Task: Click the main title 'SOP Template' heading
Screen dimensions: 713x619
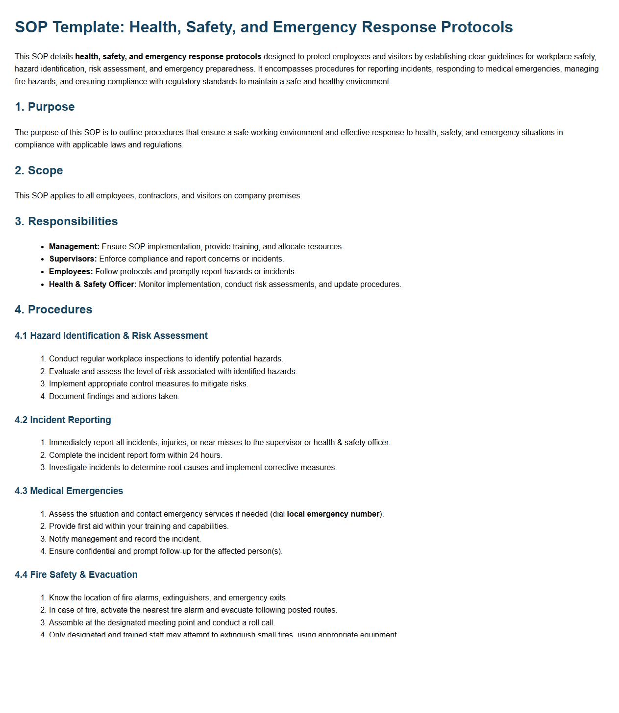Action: (264, 27)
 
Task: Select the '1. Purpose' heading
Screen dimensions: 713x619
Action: (45, 107)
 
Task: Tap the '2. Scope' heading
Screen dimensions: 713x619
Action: (39, 170)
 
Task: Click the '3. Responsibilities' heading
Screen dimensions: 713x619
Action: (66, 221)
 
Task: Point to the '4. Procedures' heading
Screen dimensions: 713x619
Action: (53, 309)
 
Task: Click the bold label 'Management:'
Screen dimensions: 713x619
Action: (74, 247)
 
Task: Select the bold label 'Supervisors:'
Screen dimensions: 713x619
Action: (73, 259)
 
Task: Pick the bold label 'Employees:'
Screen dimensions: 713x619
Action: (71, 272)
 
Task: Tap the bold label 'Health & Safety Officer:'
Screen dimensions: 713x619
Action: (93, 285)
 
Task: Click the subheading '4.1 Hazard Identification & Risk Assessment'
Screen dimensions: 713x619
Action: (111, 336)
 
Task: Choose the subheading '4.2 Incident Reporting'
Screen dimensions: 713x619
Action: (63, 420)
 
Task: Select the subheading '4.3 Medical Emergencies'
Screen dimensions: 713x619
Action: (69, 491)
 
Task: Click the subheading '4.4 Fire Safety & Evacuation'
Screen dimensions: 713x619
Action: (76, 575)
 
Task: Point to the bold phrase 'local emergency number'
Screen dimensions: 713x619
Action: (333, 514)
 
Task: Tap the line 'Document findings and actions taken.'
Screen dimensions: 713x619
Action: (114, 397)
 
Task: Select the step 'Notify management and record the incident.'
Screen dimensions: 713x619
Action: (125, 539)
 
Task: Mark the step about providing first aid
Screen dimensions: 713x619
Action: (139, 526)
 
